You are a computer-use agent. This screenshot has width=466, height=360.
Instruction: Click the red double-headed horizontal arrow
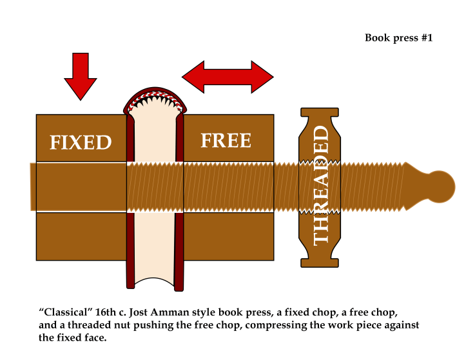pos(228,77)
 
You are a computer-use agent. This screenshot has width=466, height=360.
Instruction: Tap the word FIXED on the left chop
pos(81,142)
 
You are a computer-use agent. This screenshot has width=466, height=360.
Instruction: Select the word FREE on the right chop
pos(226,140)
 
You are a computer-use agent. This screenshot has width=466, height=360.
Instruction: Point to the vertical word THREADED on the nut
pos(321,186)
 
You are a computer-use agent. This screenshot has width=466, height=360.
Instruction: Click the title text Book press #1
pos(398,37)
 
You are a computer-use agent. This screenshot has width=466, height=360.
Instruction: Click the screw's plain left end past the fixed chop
pos(33,186)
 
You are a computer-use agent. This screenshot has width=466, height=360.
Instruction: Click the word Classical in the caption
pos(64,312)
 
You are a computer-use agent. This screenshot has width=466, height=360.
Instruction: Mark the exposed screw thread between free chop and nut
pos(287,186)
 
